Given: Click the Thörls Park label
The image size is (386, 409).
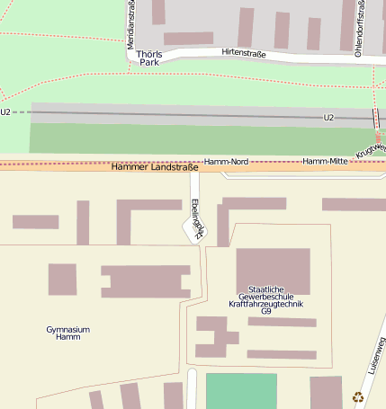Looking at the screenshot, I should click(x=148, y=58).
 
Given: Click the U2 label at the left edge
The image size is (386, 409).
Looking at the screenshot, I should click(x=5, y=112).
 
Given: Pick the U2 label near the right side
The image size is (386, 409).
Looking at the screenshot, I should click(x=328, y=118).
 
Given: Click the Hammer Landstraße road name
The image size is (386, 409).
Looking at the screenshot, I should click(x=154, y=167).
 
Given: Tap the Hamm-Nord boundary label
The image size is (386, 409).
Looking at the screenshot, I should click(x=226, y=161).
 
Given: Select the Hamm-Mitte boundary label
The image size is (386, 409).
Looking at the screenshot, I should click(x=325, y=161).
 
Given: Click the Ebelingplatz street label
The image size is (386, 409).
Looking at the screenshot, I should click(x=198, y=218).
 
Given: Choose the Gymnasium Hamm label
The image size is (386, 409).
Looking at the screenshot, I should click(x=67, y=333).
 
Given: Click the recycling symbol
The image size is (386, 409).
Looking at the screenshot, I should click(x=358, y=396).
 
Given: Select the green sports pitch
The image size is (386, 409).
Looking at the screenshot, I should click(x=241, y=391).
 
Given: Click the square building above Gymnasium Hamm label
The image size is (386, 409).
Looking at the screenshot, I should click(x=62, y=279).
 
